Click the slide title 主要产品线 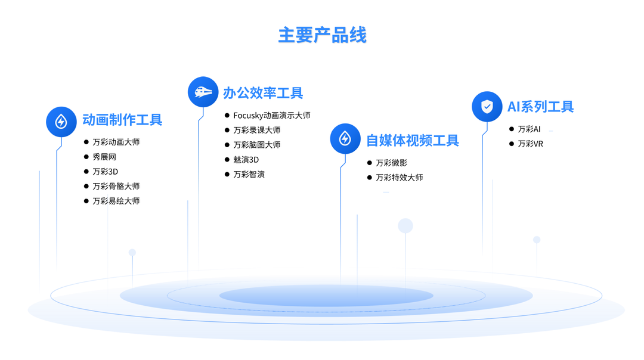pyautogui.click(x=322, y=35)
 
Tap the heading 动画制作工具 pyautogui.click(x=122, y=120)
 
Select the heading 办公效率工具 pyautogui.click(x=263, y=93)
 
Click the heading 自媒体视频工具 pyautogui.click(x=412, y=141)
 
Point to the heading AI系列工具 pyautogui.click(x=540, y=107)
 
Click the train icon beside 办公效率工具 pyautogui.click(x=203, y=92)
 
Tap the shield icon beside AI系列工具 pyautogui.click(x=487, y=107)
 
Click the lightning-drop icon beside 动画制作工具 pyautogui.click(x=61, y=122)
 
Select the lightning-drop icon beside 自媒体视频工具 pyautogui.click(x=345, y=139)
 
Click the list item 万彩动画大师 pyautogui.click(x=116, y=142)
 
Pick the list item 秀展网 pyautogui.click(x=104, y=157)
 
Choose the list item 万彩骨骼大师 pyautogui.click(x=116, y=187)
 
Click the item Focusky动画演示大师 pyautogui.click(x=271, y=116)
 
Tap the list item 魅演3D pyautogui.click(x=246, y=160)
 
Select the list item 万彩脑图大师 pyautogui.click(x=256, y=145)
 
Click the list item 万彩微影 pyautogui.click(x=391, y=163)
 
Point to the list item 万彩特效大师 pyautogui.click(x=399, y=178)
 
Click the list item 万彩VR pyautogui.click(x=530, y=144)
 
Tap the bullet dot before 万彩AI pyautogui.click(x=512, y=129)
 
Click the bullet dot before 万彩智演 pyautogui.click(x=227, y=174)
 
